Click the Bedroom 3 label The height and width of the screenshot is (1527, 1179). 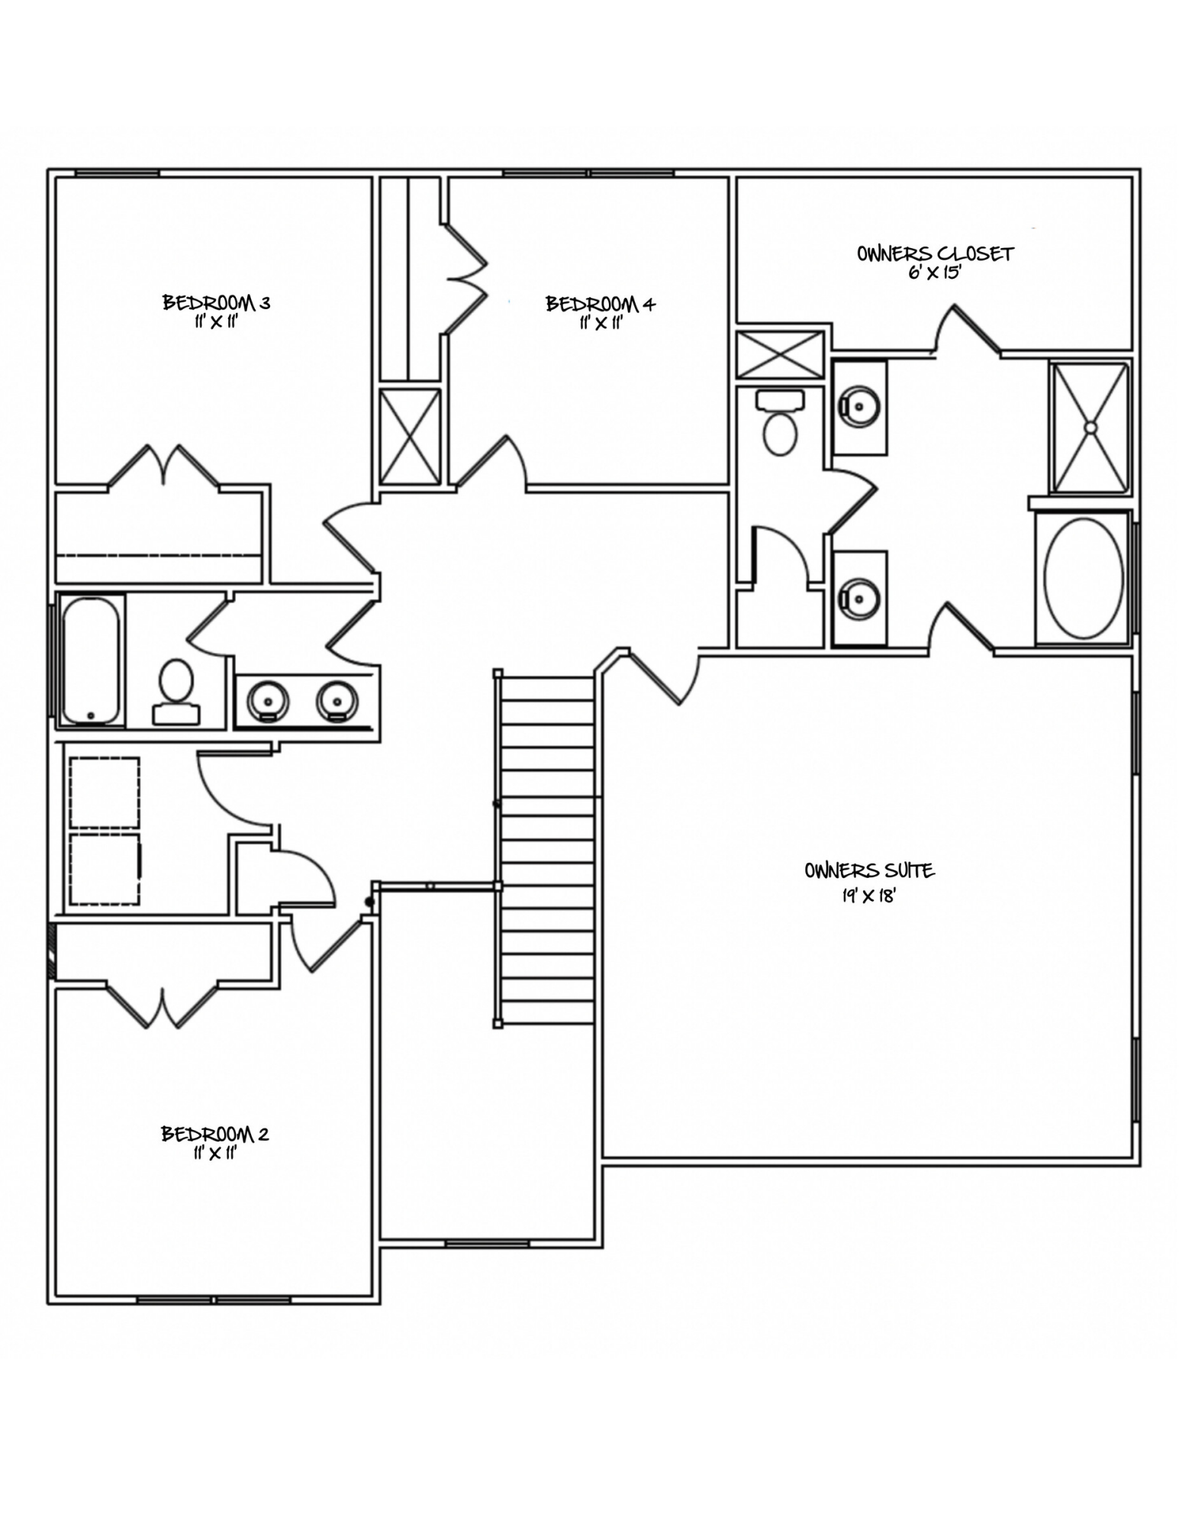pyautogui.click(x=216, y=303)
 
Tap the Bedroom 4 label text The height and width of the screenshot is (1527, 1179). pyautogui.click(x=601, y=305)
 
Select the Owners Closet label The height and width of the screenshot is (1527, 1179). pyautogui.click(x=935, y=254)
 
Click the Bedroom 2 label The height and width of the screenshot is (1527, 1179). pyautogui.click(x=214, y=1134)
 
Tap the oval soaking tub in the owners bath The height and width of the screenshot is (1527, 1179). pyautogui.click(x=1083, y=578)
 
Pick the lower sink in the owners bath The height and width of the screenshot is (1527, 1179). pyautogui.click(x=860, y=598)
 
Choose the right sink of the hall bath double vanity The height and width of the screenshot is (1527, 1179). pyautogui.click(x=337, y=699)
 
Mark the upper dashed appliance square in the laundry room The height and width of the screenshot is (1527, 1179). pyautogui.click(x=105, y=792)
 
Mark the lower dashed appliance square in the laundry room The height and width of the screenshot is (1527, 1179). pyautogui.click(x=105, y=869)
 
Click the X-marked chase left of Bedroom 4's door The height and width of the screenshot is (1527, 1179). pyautogui.click(x=410, y=436)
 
